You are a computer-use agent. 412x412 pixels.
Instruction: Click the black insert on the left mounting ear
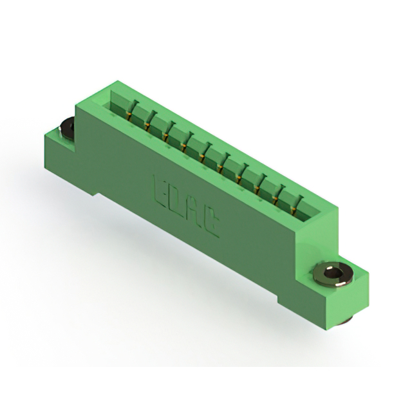coord(67,129)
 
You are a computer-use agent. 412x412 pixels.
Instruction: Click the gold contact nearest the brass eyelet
coord(294,210)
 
